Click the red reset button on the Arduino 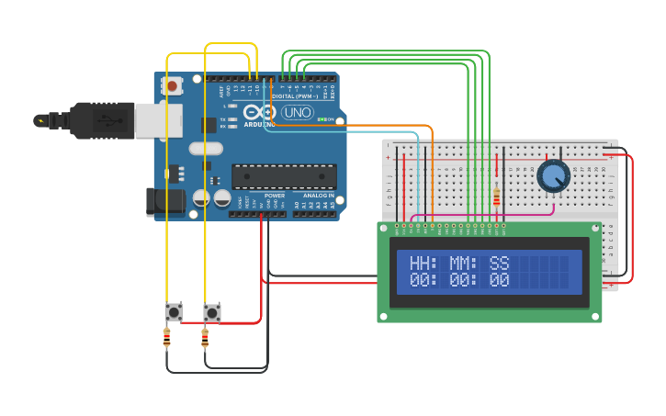[172, 85]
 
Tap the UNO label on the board [298, 112]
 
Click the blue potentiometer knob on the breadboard [553, 174]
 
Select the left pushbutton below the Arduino [174, 312]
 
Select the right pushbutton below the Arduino [212, 312]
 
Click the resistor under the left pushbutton [166, 339]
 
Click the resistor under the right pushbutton [204, 339]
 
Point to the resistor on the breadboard [497, 197]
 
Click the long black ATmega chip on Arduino [284, 176]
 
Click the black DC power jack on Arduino [162, 201]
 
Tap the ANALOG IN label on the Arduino [319, 196]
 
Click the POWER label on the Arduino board [274, 196]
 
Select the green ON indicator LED [321, 119]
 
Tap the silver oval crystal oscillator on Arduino [206, 148]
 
